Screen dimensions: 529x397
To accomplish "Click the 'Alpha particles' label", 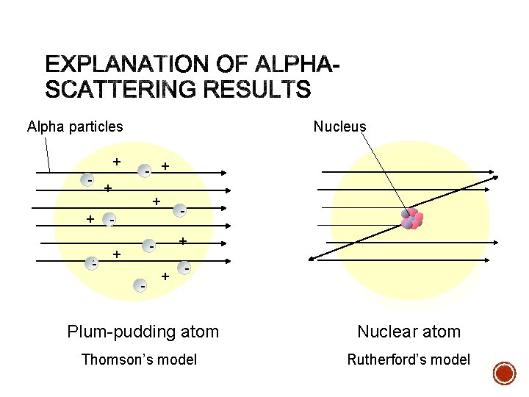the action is [x=75, y=126].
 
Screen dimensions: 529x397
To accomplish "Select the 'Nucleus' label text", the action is [x=339, y=126].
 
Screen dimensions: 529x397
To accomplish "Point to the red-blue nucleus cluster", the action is [x=411, y=218].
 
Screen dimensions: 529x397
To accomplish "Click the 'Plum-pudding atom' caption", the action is [x=143, y=332].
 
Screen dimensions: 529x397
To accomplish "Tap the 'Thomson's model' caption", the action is [x=139, y=360].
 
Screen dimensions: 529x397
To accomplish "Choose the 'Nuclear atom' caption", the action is [x=409, y=332].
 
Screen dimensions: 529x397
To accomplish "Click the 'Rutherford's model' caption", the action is [x=409, y=360].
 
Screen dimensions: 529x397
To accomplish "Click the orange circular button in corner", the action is [x=504, y=373].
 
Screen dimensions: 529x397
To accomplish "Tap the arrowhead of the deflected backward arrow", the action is [x=312, y=257].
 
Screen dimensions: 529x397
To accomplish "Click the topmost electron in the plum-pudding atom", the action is [x=147, y=171].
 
